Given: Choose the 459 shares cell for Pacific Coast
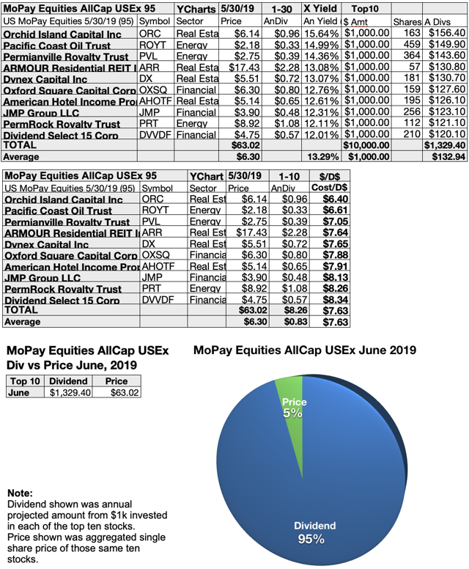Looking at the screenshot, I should pyautogui.click(x=405, y=45).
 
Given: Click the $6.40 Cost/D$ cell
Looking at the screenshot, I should pyautogui.click(x=331, y=199).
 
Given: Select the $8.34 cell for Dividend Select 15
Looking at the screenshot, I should pyautogui.click(x=331, y=300).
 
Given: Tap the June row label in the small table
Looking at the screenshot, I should pyautogui.click(x=20, y=392).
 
